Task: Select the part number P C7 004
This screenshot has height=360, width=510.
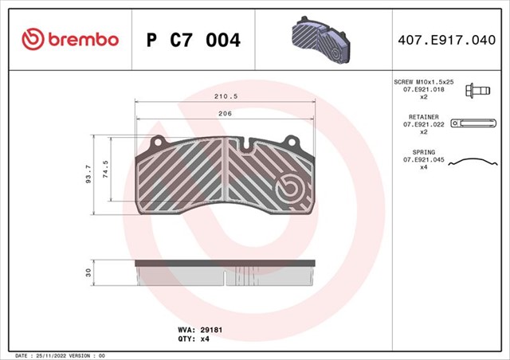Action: tap(194, 39)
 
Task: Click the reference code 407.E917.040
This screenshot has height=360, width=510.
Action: tap(450, 39)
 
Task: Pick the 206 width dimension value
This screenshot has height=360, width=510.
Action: tap(226, 114)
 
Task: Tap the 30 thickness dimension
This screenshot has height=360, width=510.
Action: tap(88, 272)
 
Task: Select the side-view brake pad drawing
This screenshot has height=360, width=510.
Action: tap(226, 273)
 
